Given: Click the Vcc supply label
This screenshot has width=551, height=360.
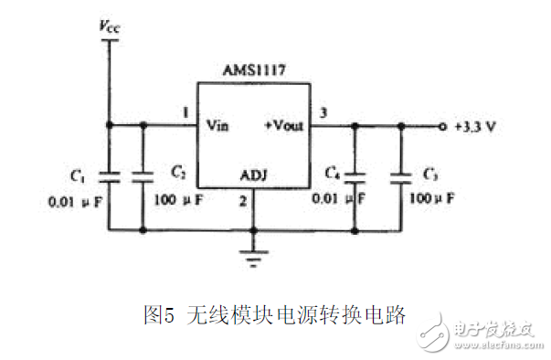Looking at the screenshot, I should [110, 26].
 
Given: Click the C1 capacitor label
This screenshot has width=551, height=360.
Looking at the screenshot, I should [78, 171].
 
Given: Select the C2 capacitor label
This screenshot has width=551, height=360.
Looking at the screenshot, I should [177, 171].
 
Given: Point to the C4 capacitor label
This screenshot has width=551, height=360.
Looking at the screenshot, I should [334, 172].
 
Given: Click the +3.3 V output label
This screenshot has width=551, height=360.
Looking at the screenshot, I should [475, 127].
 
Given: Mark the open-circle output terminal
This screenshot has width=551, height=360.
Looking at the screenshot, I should [443, 126].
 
